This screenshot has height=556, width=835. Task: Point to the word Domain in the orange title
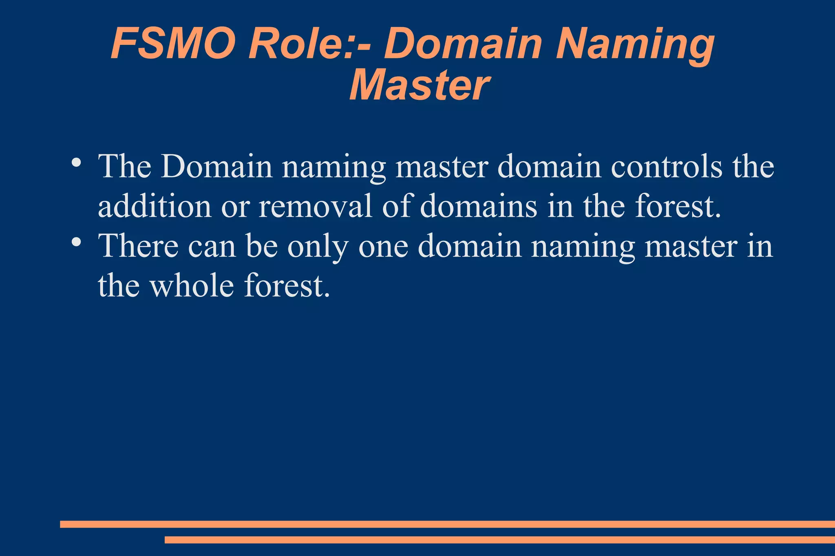[463, 44]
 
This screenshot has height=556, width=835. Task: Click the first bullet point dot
[76, 163]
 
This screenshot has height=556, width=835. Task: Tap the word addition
[155, 206]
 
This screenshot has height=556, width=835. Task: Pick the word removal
[316, 206]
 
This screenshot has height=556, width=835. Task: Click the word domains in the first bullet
[479, 206]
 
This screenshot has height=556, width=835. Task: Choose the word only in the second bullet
[318, 247]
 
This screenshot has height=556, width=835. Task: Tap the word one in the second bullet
[383, 247]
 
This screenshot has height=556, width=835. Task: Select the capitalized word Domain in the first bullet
[216, 167]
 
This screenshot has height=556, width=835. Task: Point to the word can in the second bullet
[212, 247]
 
